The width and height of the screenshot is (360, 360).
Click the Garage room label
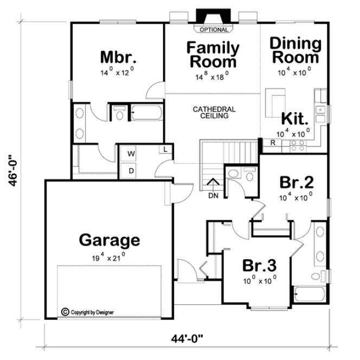coord(110,240)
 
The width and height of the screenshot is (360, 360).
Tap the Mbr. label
coord(118,57)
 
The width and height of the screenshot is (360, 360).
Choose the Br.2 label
coord(295,182)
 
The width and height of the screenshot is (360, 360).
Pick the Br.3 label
coord(259,266)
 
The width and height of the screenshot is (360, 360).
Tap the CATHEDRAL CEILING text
coord(214,113)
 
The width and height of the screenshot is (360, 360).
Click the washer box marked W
coord(131,154)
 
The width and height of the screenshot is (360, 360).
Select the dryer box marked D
coord(131,170)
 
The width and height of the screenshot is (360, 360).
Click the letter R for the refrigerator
coord(273,143)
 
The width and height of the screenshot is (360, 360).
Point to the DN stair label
coord(213,196)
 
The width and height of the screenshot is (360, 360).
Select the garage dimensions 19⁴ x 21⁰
coord(109,256)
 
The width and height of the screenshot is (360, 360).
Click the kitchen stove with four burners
coord(298,145)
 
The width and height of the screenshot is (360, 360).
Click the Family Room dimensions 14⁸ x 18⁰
coord(211,77)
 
